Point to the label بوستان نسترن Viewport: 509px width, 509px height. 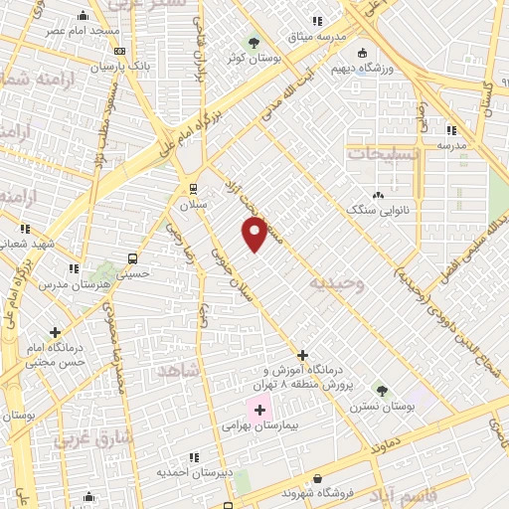pyautogui.click(x=379, y=407)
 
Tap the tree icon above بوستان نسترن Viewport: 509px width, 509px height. pyautogui.click(x=380, y=390)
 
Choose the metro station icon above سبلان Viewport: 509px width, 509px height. pyautogui.click(x=193, y=188)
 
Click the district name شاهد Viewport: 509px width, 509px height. pyautogui.click(x=178, y=370)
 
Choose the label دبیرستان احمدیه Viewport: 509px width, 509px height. pyautogui.click(x=194, y=471)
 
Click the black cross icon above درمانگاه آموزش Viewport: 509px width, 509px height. pyautogui.click(x=303, y=355)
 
